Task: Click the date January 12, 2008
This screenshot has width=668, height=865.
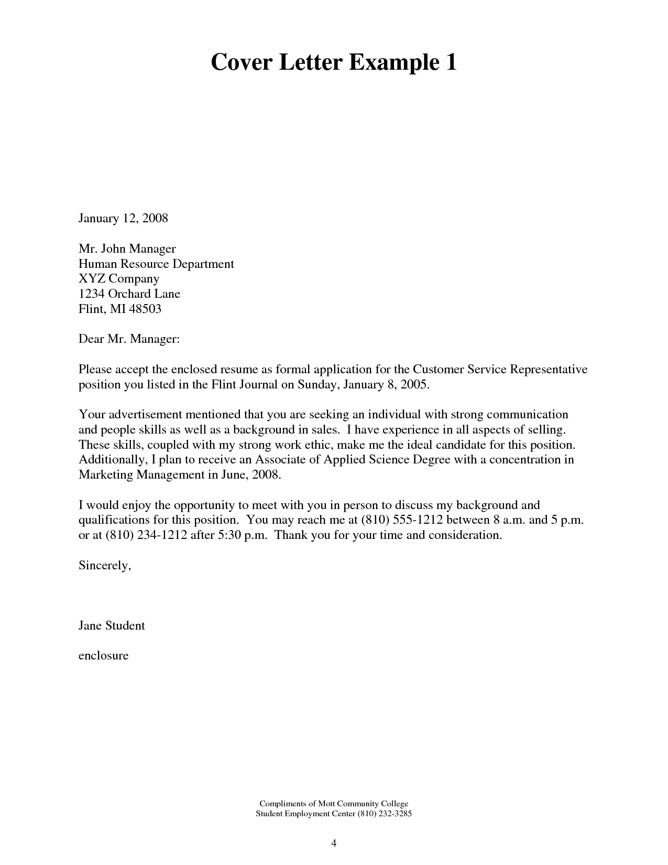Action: point(123,218)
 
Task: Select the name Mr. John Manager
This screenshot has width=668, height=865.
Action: point(127,248)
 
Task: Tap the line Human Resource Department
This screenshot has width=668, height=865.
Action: point(156,264)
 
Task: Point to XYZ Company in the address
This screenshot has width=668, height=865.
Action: point(119,278)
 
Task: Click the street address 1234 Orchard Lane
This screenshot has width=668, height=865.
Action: point(129,294)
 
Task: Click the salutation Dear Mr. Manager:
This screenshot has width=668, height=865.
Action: point(129,339)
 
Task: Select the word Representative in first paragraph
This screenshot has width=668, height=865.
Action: point(549,369)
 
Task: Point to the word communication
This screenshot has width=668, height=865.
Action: point(527,414)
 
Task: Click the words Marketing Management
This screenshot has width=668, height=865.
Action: point(140,475)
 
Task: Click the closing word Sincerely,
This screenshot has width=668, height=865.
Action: point(104,565)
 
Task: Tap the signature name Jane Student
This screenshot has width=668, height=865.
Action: point(112,625)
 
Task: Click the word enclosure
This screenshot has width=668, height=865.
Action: point(103,655)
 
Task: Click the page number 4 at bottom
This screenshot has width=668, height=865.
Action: point(334,843)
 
